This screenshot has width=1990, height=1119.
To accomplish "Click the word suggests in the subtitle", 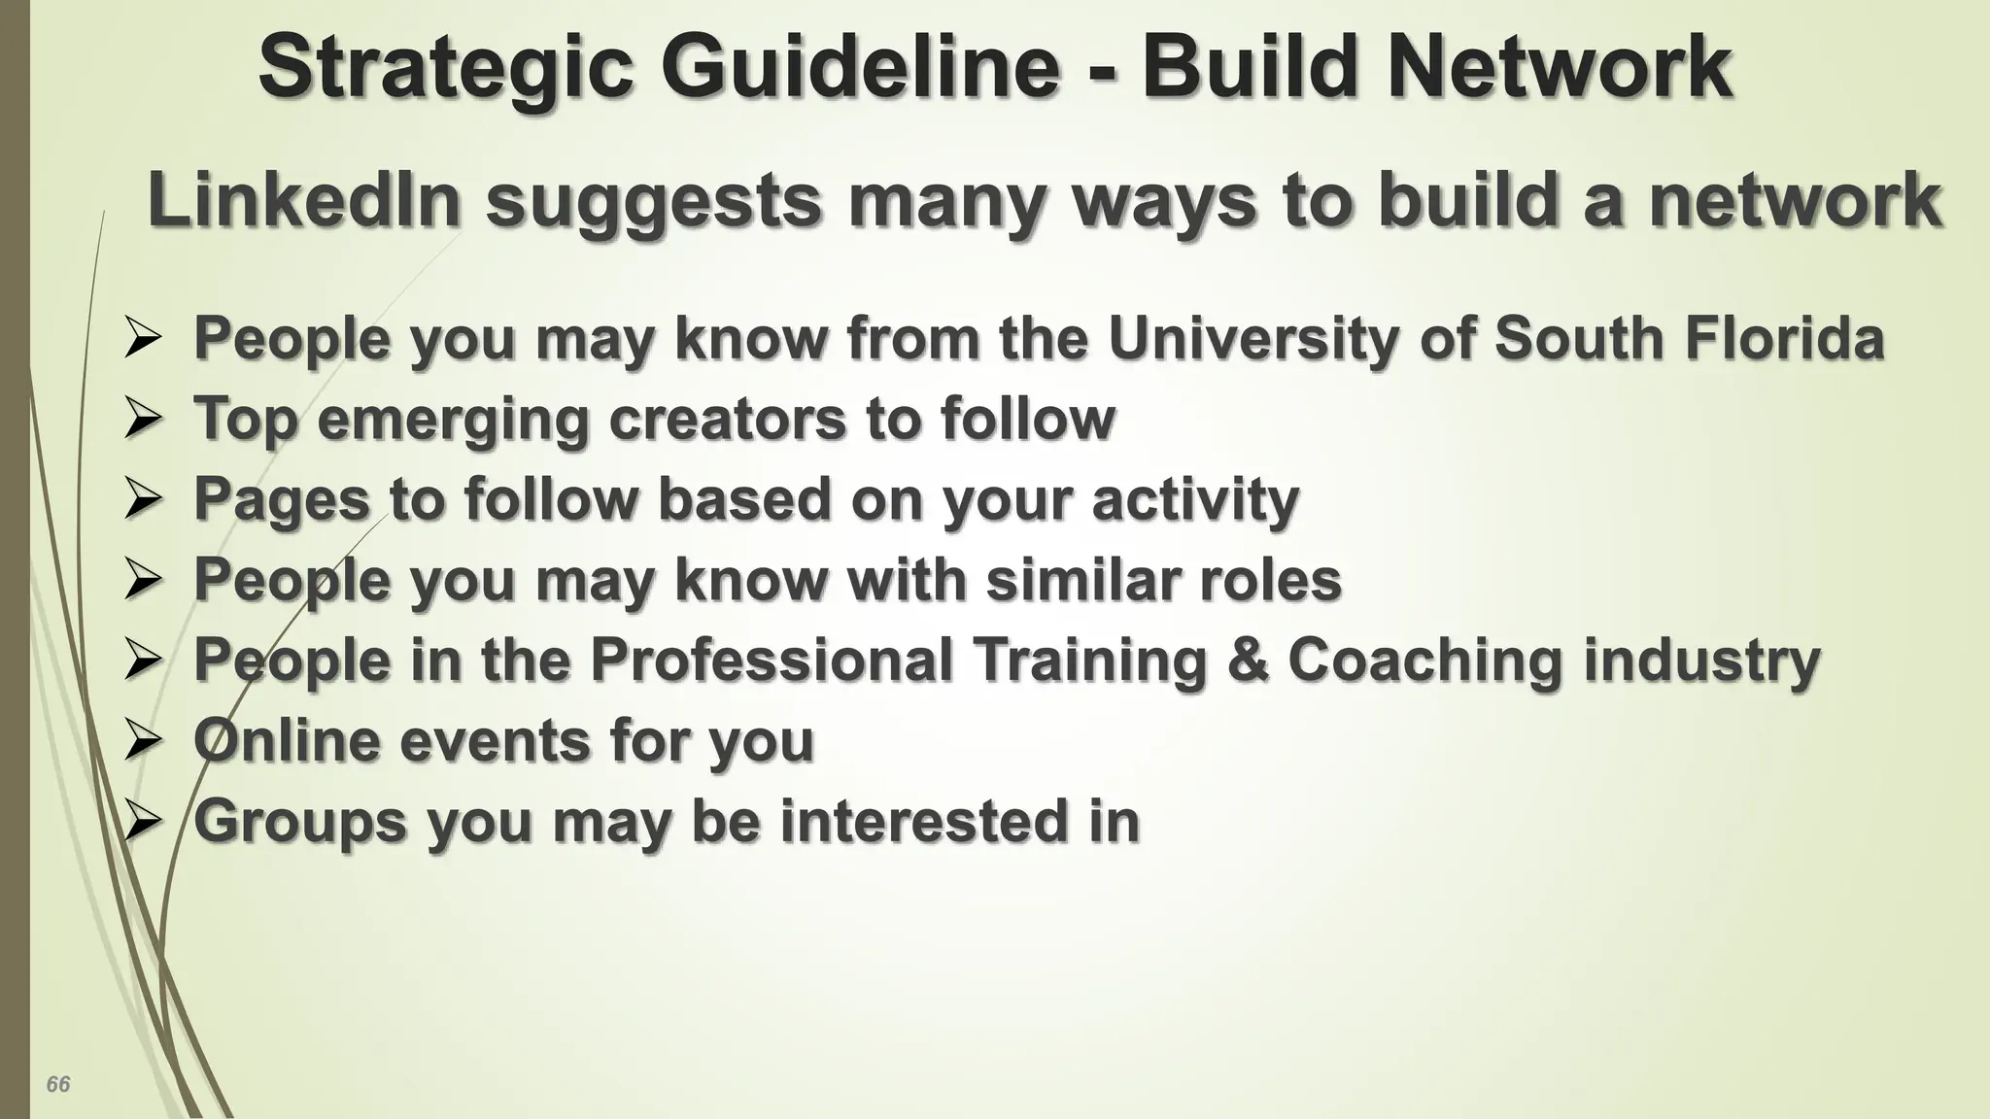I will click(x=653, y=202).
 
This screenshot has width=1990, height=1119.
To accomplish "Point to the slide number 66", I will click(x=58, y=1084).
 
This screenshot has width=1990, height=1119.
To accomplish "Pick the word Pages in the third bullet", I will click(x=282, y=500).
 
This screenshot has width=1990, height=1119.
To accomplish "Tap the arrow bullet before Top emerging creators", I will click(x=143, y=421).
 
